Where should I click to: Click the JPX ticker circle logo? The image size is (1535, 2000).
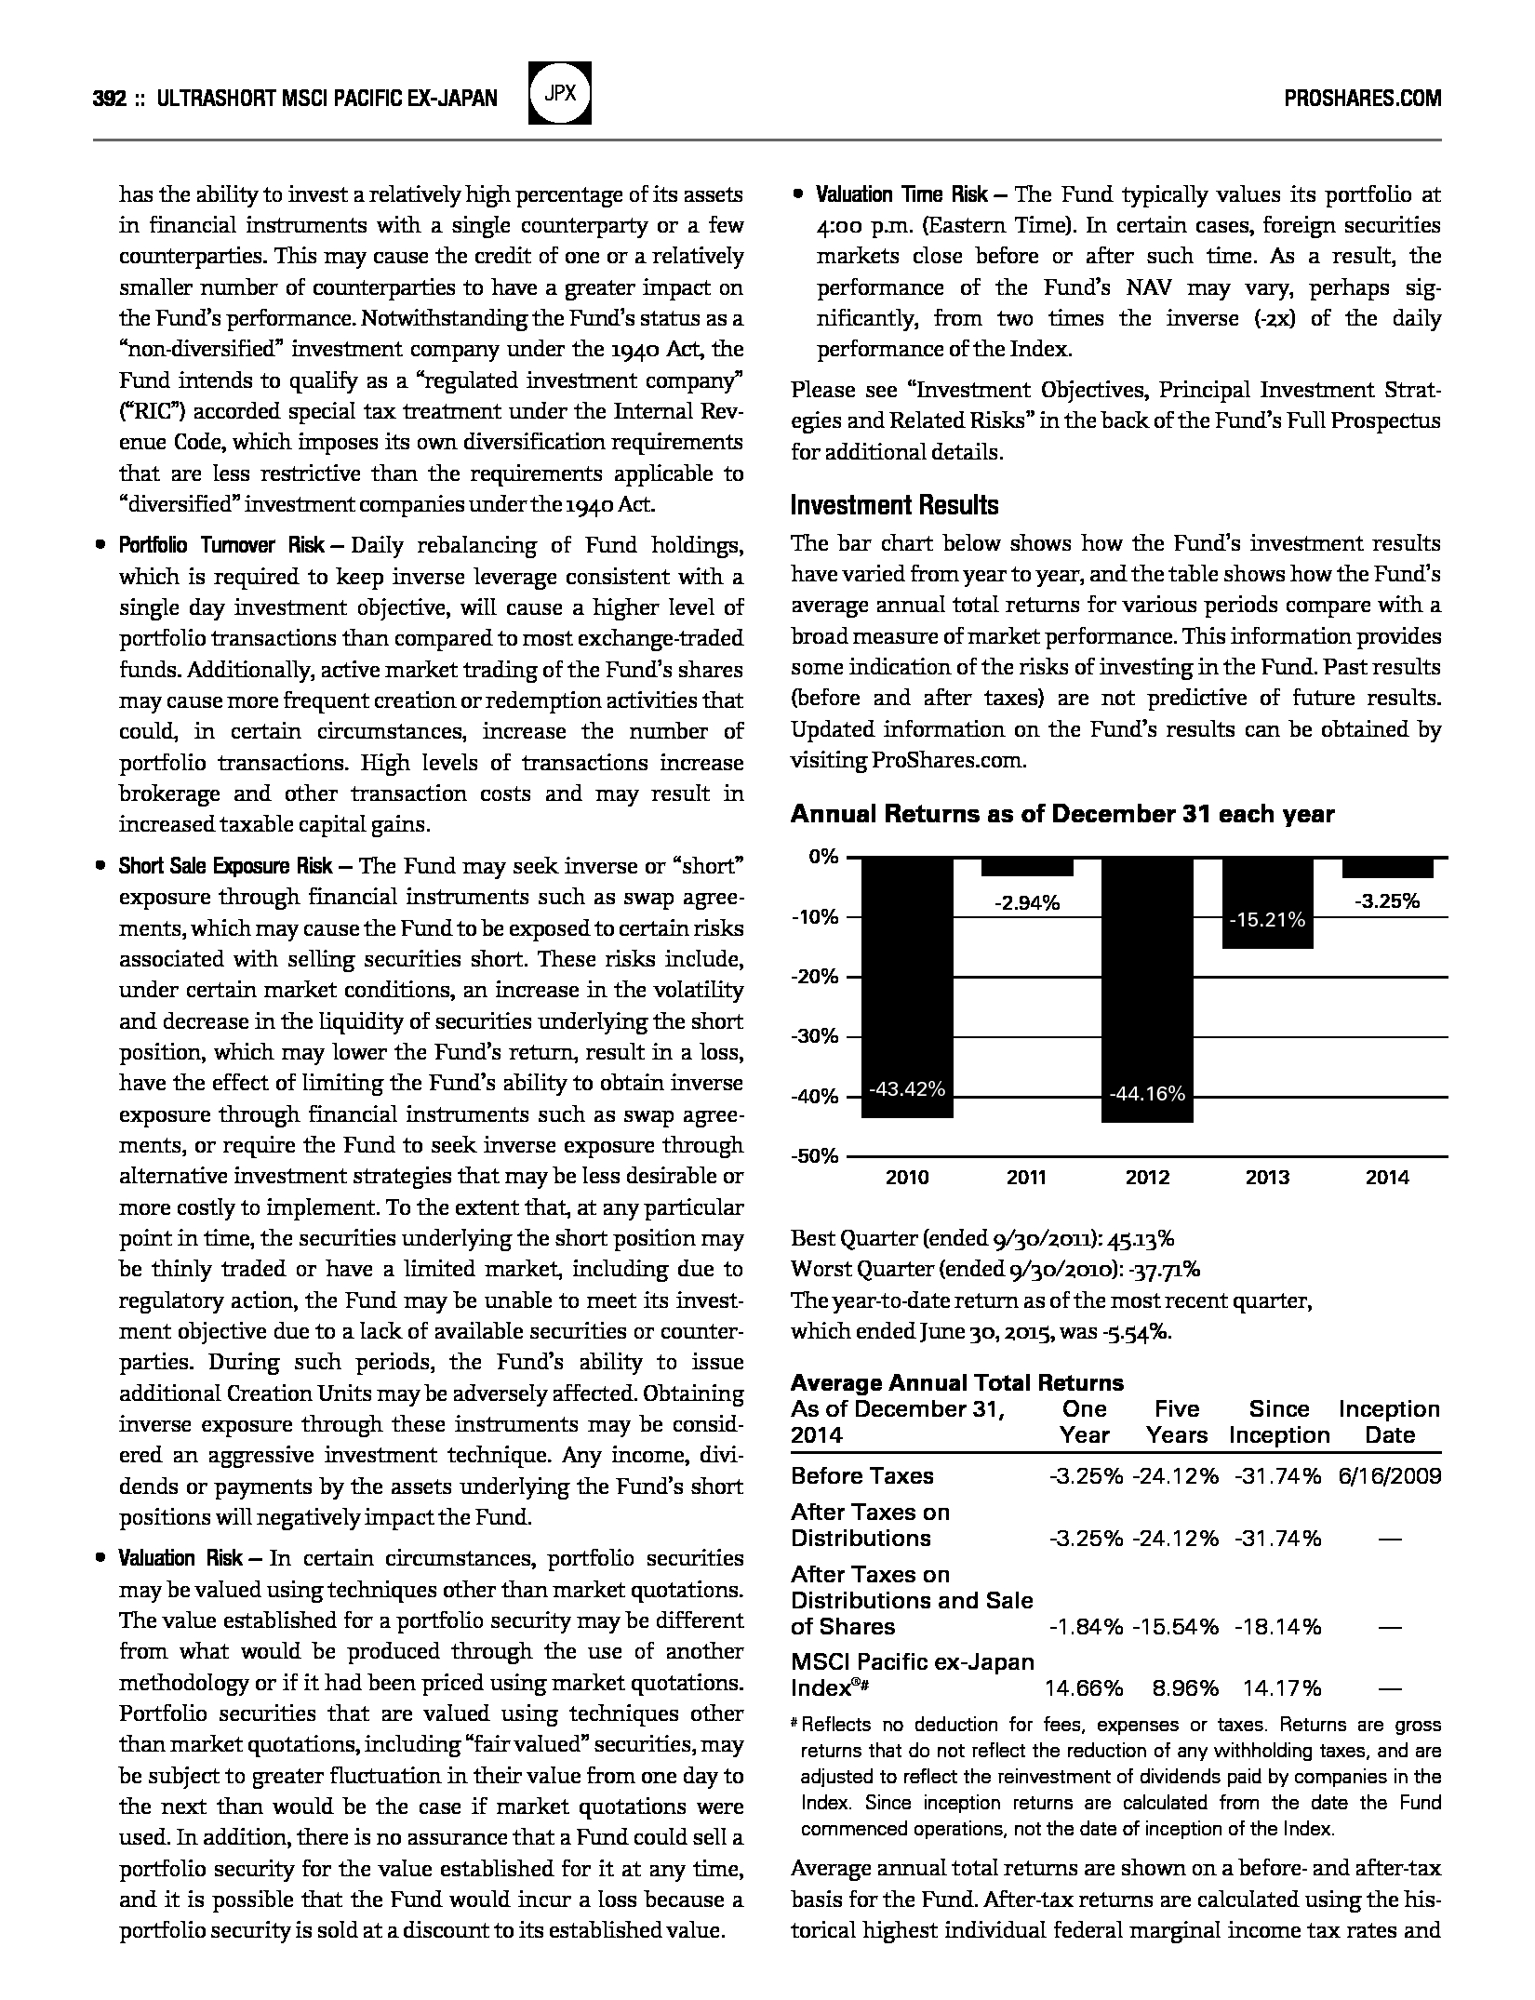coord(560,93)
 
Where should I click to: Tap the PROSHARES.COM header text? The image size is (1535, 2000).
coord(1362,98)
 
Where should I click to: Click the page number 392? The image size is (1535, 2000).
coord(110,98)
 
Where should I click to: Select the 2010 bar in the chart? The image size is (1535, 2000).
coord(907,986)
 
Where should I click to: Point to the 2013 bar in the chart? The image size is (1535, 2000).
coord(1267,902)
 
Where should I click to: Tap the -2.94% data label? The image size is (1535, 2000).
coord(1027,902)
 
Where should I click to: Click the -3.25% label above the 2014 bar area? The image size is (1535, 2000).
coord(1386,900)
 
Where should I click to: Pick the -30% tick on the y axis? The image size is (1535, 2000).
coord(815,1036)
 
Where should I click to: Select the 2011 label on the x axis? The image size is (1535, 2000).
coord(1027,1178)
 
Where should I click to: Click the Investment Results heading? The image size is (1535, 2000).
coord(894,505)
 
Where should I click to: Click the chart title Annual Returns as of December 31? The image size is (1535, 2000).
coord(1061,814)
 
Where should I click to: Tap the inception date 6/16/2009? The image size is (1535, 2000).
coord(1390,1475)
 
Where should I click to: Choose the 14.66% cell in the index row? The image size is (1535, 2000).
coord(1085,1687)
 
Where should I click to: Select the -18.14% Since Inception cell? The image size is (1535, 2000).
coord(1277,1626)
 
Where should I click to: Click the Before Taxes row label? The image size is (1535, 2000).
coord(861,1475)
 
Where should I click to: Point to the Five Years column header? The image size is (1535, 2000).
coord(1177,1421)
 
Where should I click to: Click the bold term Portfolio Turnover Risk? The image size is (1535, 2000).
coord(221,545)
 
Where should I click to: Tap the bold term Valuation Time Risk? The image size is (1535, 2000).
coord(901,195)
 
